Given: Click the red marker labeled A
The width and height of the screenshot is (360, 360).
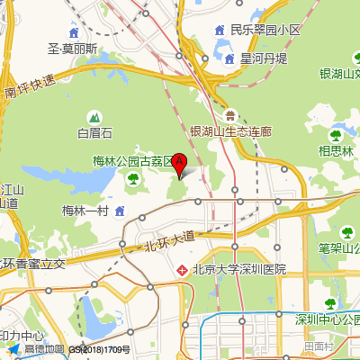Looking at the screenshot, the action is [x=179, y=164].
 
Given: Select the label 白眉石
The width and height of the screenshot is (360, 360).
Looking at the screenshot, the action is [x=94, y=134].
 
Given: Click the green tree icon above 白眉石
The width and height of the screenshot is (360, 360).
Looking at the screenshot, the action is [x=94, y=117].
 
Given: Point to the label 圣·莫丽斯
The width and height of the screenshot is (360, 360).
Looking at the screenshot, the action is [x=73, y=49].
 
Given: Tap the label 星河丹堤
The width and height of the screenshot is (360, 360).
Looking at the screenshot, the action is [x=263, y=58].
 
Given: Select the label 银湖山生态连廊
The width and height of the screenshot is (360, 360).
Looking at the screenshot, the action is [x=231, y=130].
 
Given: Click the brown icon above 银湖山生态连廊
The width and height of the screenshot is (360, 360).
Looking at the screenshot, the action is [x=231, y=114].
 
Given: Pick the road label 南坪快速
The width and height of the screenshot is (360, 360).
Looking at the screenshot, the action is [x=30, y=86].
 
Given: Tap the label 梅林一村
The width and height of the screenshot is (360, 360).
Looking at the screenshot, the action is [x=85, y=211].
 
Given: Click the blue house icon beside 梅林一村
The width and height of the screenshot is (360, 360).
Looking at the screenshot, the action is [x=120, y=211].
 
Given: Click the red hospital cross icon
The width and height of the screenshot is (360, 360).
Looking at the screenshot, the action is [x=181, y=269].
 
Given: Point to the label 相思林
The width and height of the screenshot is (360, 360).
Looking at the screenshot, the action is [x=336, y=151].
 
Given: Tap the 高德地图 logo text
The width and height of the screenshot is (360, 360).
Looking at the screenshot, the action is [x=44, y=349].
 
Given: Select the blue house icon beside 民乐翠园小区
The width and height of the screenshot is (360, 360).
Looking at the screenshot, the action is [x=219, y=30].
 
